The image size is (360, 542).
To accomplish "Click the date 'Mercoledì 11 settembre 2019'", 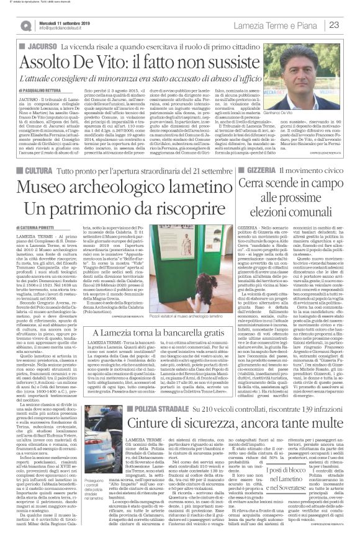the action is (x=62, y=22).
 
